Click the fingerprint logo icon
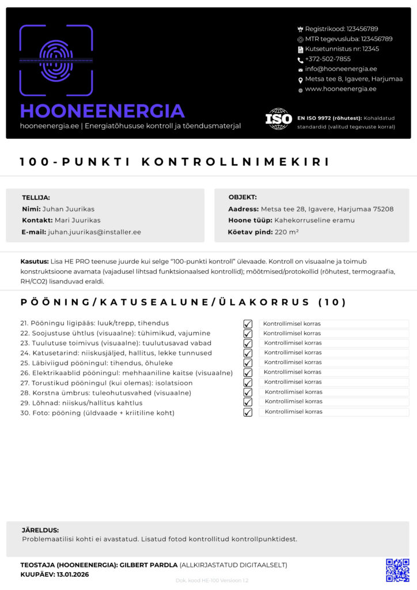56,60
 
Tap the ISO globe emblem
278,119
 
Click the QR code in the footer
397,569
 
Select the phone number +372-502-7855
328,59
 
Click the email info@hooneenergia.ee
341,69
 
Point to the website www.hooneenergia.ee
340,89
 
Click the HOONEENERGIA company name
103,111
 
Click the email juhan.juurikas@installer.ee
94,232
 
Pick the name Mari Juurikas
77,220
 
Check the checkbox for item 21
248,324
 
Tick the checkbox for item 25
248,363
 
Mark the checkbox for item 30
248,412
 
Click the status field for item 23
333,343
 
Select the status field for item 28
333,392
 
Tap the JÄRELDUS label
40,530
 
